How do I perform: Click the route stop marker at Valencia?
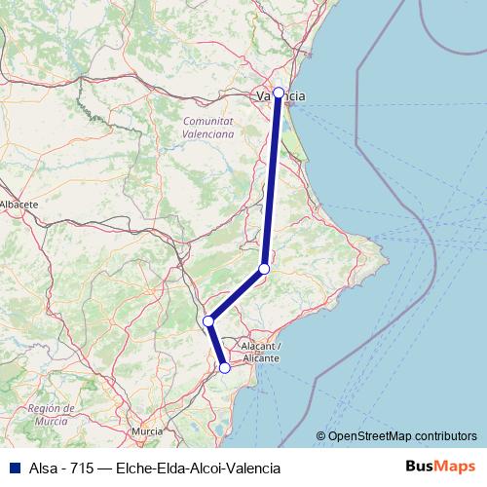pyautogui.click(x=279, y=93)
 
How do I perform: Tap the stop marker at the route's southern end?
pyautogui.click(x=225, y=367)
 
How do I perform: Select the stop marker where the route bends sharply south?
pyautogui.click(x=207, y=320)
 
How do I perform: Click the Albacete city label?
pyautogui.click(x=19, y=205)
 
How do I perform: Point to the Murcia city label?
pyautogui.click(x=147, y=430)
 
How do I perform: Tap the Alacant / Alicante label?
pyautogui.click(x=255, y=353)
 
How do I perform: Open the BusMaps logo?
pyautogui.click(x=440, y=467)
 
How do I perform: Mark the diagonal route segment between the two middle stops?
pyautogui.click(x=236, y=294)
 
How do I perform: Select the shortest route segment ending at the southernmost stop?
pyautogui.click(x=216, y=344)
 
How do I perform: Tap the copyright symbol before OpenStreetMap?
pyautogui.click(x=321, y=436)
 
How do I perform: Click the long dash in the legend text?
pyautogui.click(x=105, y=467)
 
